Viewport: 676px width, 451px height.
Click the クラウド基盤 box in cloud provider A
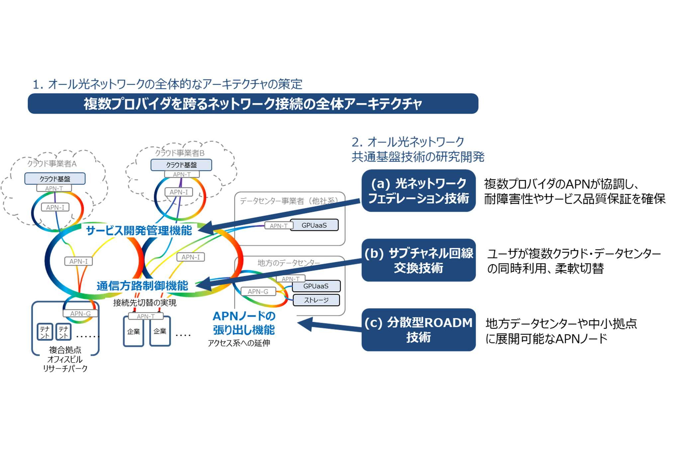tap(55, 178)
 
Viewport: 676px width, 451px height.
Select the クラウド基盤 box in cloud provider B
tap(181, 165)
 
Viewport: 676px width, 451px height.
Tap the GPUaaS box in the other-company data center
tap(314, 225)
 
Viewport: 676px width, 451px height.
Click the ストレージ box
tap(316, 300)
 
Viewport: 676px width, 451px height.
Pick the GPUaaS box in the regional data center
tap(316, 286)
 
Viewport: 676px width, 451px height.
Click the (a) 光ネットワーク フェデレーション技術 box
tap(418, 191)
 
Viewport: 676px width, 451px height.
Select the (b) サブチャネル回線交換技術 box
tap(418, 260)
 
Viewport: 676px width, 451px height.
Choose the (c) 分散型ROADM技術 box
tap(418, 330)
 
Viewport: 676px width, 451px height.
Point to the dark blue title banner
tap(253, 104)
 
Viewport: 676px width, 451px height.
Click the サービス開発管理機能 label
tap(139, 230)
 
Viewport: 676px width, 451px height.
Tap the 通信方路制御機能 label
tap(142, 285)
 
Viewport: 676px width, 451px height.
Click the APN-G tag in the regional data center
tap(258, 291)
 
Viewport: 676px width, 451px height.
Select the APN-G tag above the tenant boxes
tap(80, 313)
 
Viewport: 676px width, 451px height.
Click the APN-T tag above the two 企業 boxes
tap(145, 316)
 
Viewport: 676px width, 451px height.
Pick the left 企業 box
tap(134, 331)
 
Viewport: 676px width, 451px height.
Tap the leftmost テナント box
tap(45, 332)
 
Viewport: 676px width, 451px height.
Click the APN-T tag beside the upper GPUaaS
tap(278, 226)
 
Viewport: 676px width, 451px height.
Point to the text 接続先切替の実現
tap(145, 302)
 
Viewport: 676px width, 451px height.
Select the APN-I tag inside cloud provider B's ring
tap(179, 192)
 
